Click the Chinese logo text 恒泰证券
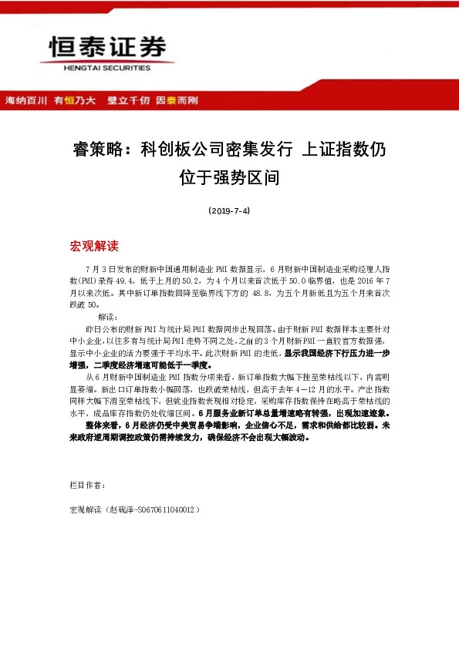pyautogui.click(x=108, y=49)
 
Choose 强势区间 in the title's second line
pyautogui.click(x=250, y=178)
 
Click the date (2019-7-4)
pyautogui.click(x=229, y=210)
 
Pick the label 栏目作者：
pyautogui.click(x=83, y=485)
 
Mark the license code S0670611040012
pyautogui.click(x=166, y=509)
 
